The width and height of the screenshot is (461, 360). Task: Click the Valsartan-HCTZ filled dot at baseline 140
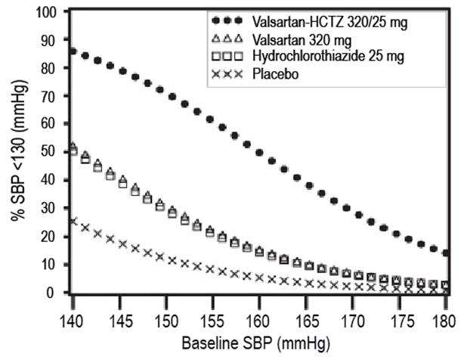(x=73, y=51)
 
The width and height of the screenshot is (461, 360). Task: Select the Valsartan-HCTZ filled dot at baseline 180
(x=445, y=253)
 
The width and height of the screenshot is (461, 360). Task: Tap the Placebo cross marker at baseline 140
(x=73, y=221)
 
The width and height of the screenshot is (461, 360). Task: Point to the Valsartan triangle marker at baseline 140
(x=73, y=147)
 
